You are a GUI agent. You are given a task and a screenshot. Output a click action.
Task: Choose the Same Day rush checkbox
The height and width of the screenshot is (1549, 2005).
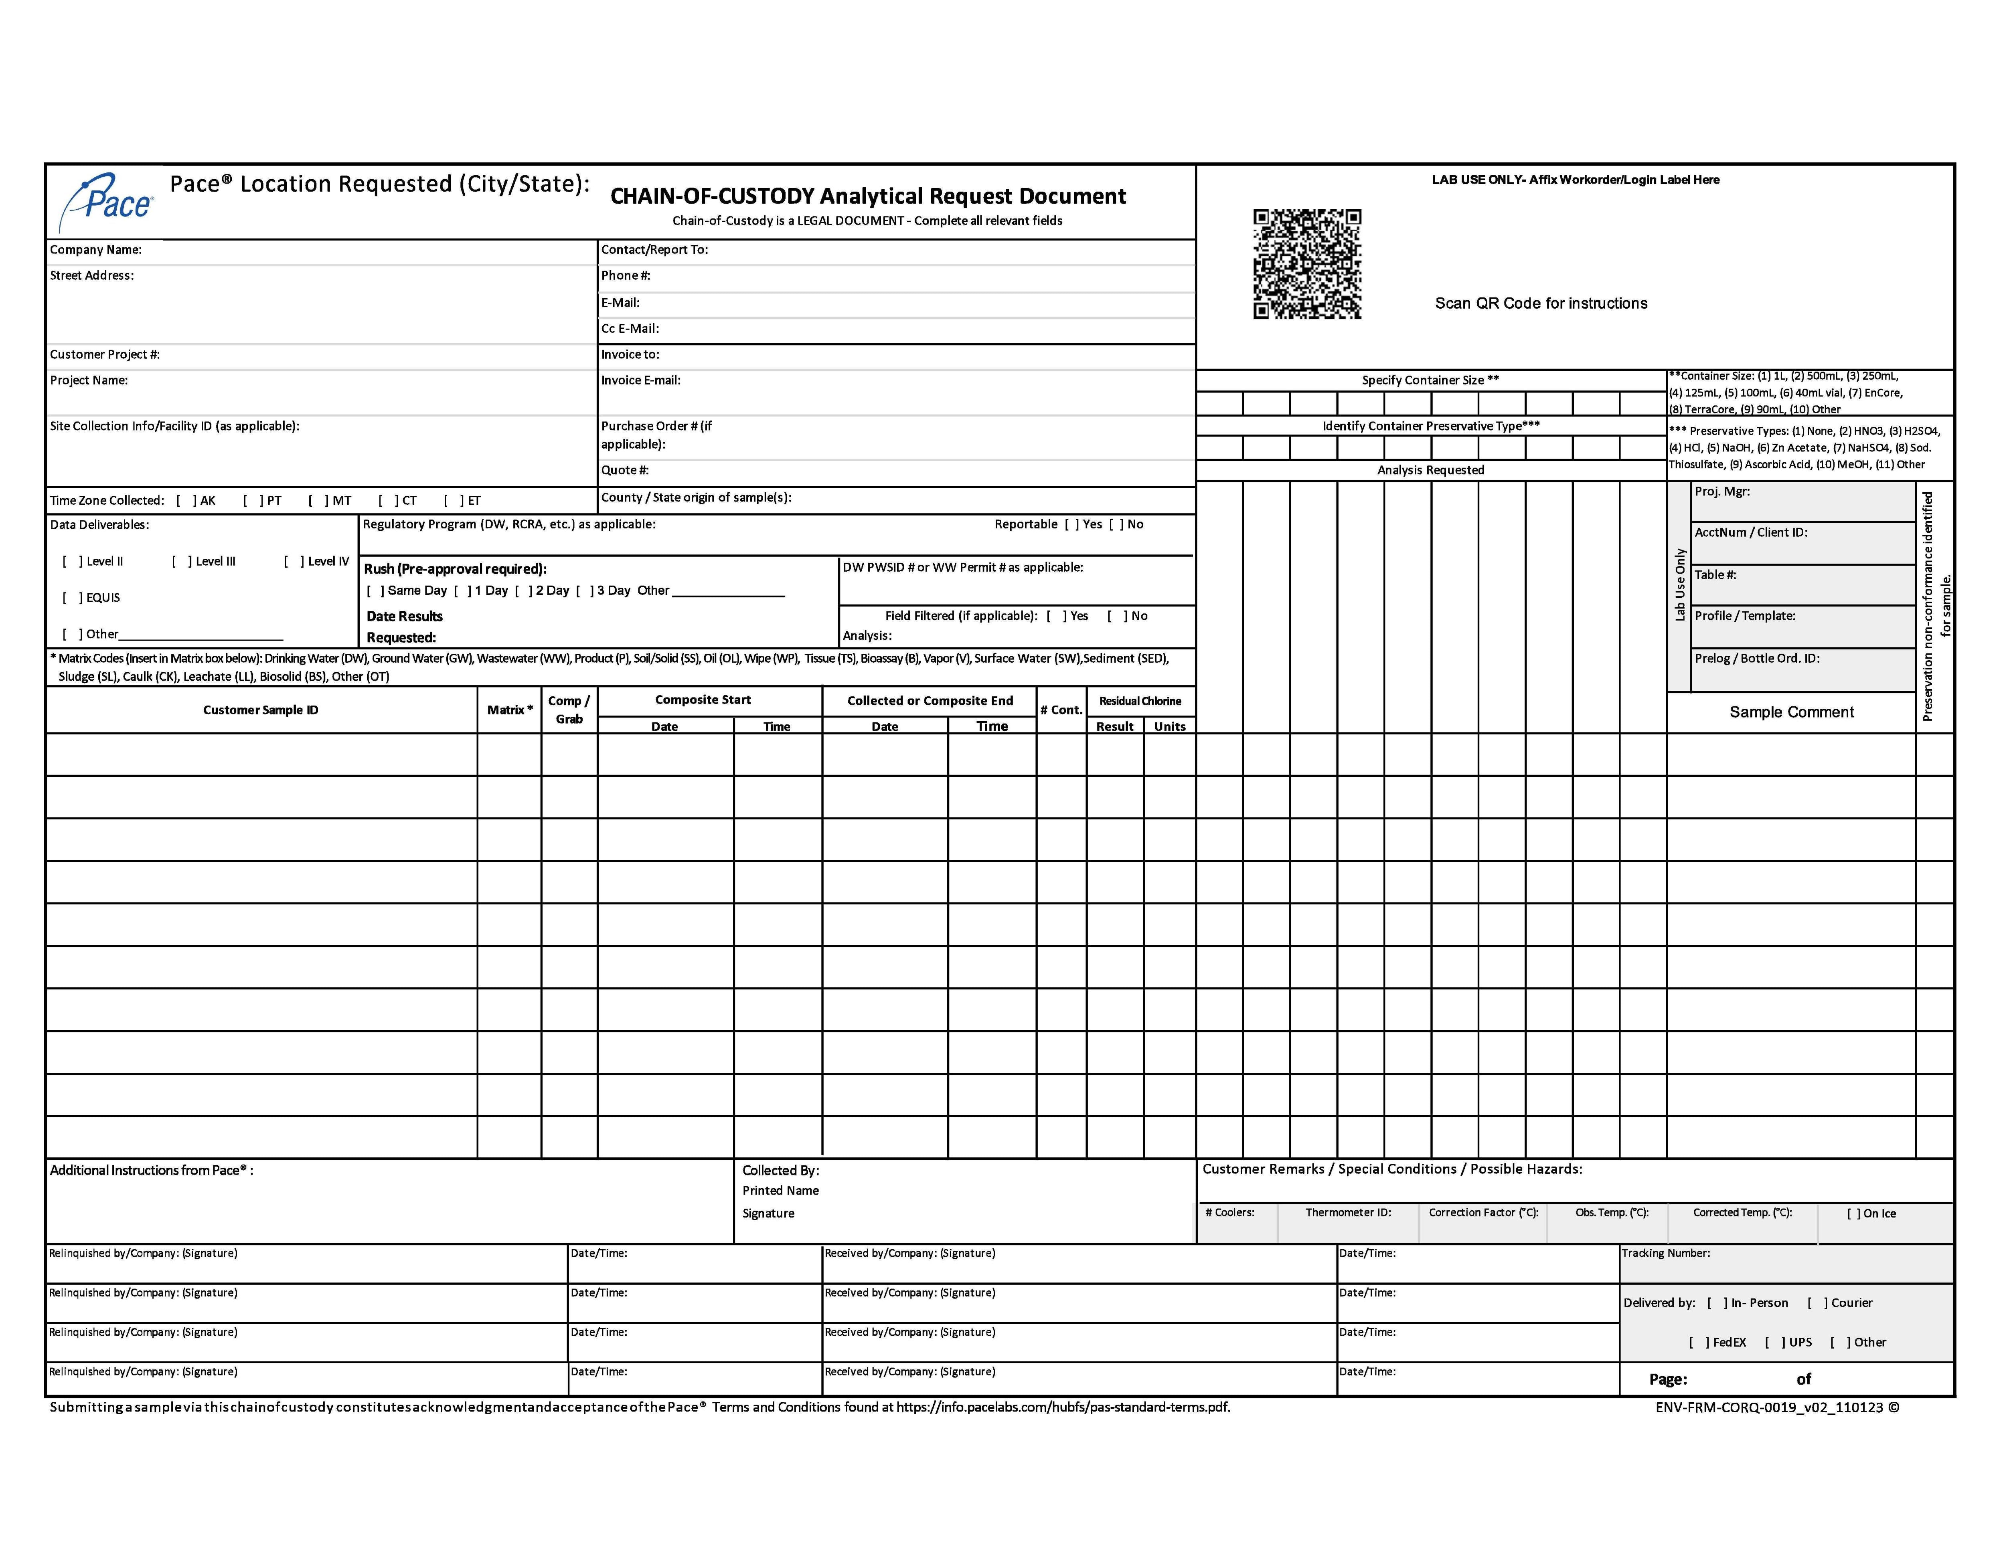pyautogui.click(x=375, y=591)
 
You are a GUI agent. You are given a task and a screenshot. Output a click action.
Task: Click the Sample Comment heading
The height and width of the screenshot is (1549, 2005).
pyautogui.click(x=1791, y=712)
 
